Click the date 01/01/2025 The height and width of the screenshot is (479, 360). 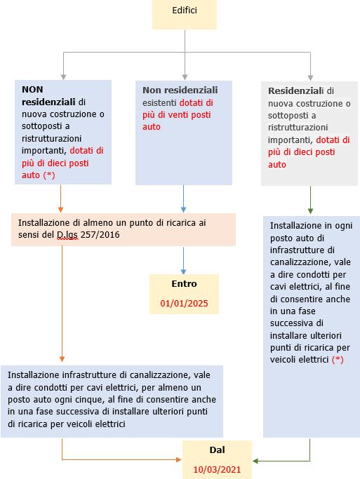tap(184, 305)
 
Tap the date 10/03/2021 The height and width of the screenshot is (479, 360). tap(216, 468)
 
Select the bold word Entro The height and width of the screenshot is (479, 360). tap(184, 284)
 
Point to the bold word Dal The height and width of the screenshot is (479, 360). tap(217, 449)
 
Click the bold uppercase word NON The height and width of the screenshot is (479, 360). tap(32, 90)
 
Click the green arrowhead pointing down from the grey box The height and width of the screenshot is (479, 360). tap(309, 210)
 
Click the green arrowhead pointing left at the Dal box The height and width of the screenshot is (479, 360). tap(256, 461)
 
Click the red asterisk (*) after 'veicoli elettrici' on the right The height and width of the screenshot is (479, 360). tap(338, 360)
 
